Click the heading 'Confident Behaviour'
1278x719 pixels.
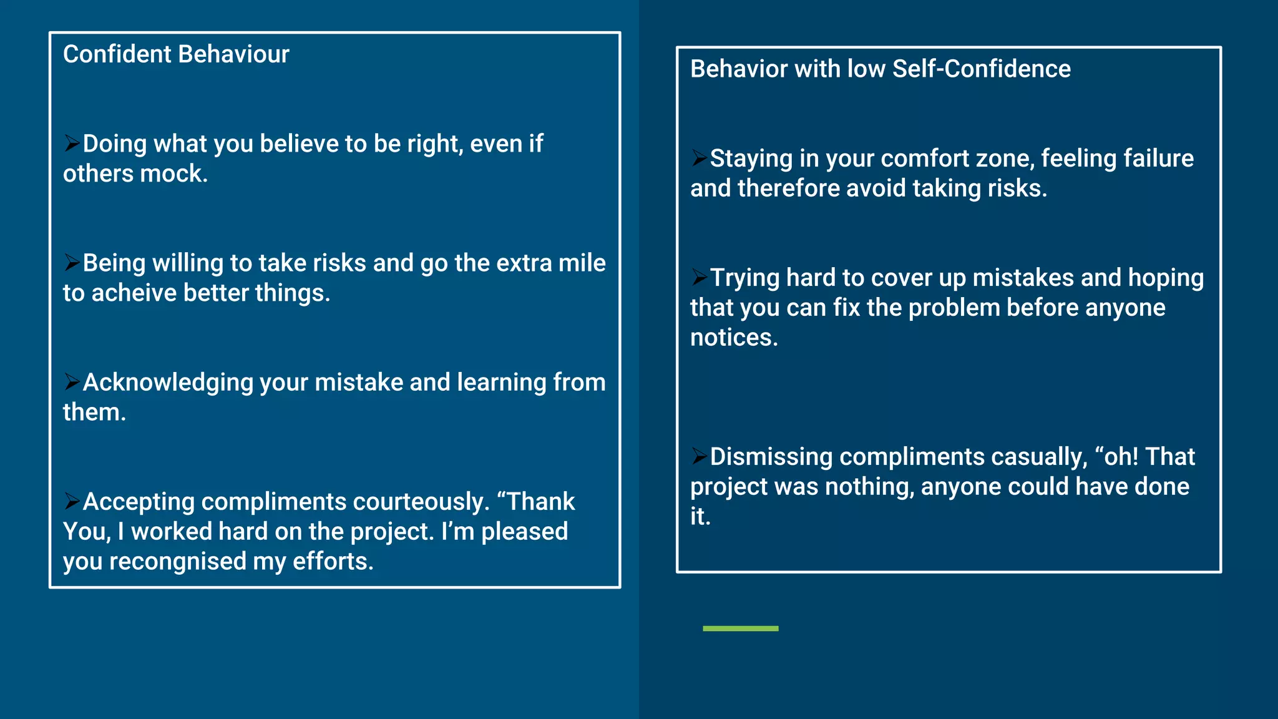coord(176,54)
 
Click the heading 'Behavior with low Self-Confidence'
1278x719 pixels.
coord(880,69)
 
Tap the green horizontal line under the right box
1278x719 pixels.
coord(740,629)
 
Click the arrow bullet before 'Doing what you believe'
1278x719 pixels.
coord(72,143)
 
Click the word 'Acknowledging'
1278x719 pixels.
coord(167,383)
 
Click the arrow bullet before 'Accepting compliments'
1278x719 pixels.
coord(72,501)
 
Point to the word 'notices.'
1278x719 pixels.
coord(734,338)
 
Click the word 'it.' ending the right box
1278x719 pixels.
coord(700,517)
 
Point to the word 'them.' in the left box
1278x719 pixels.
coord(94,413)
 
